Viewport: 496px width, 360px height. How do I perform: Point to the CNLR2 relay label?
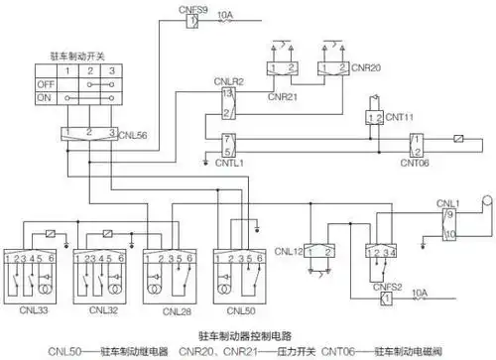230,80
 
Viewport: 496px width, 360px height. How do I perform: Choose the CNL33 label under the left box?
39,308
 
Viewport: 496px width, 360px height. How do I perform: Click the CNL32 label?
103,308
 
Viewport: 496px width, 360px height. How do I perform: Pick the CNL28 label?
168,308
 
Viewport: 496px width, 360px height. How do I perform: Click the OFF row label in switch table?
44,85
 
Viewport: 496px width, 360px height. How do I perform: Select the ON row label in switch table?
44,99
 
